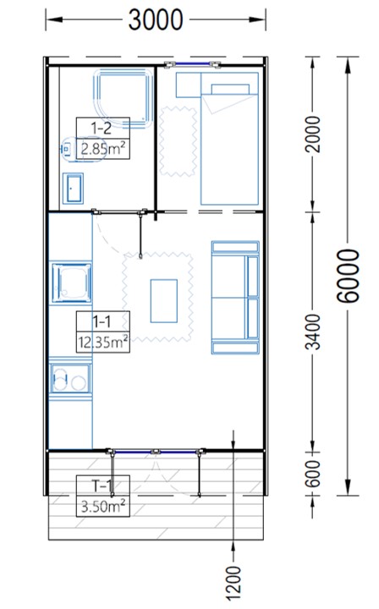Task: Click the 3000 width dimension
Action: [156, 19]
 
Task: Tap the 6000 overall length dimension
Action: [348, 276]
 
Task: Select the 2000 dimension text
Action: [314, 134]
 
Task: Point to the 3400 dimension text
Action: [314, 332]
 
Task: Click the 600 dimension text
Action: [314, 474]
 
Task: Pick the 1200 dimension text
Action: [233, 584]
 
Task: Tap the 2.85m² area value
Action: [103, 148]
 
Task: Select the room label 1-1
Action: [102, 321]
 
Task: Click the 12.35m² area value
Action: [103, 343]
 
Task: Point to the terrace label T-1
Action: [102, 486]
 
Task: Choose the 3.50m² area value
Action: [103, 506]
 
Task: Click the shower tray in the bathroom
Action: [124, 99]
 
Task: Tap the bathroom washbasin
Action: [73, 189]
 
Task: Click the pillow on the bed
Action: [230, 89]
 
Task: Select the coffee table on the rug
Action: [164, 300]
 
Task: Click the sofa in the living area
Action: [235, 298]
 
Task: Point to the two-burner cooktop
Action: [70, 378]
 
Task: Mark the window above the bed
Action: [192, 64]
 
